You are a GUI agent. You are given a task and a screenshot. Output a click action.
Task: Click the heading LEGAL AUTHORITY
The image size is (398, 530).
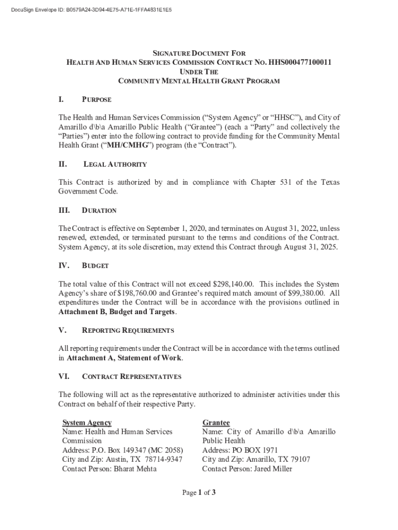click(x=115, y=165)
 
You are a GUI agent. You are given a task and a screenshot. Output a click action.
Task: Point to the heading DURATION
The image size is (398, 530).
click(x=99, y=211)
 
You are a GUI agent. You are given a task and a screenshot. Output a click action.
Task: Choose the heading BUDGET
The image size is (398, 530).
click(x=95, y=266)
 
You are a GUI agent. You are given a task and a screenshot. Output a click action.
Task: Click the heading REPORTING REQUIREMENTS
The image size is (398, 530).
click(x=128, y=330)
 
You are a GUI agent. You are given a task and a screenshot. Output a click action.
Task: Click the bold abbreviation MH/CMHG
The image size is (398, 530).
click(x=127, y=145)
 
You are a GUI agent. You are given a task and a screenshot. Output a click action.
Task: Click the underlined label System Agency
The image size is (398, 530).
click(x=86, y=423)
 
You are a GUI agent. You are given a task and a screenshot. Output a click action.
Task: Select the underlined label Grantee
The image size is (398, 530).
click(x=216, y=423)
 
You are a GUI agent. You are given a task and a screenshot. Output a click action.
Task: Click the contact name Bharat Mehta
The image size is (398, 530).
click(x=135, y=469)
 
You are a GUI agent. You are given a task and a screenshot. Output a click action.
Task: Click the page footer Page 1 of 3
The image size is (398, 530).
click(x=198, y=493)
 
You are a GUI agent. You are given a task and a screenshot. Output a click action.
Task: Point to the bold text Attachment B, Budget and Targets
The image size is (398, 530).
click(x=117, y=312)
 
